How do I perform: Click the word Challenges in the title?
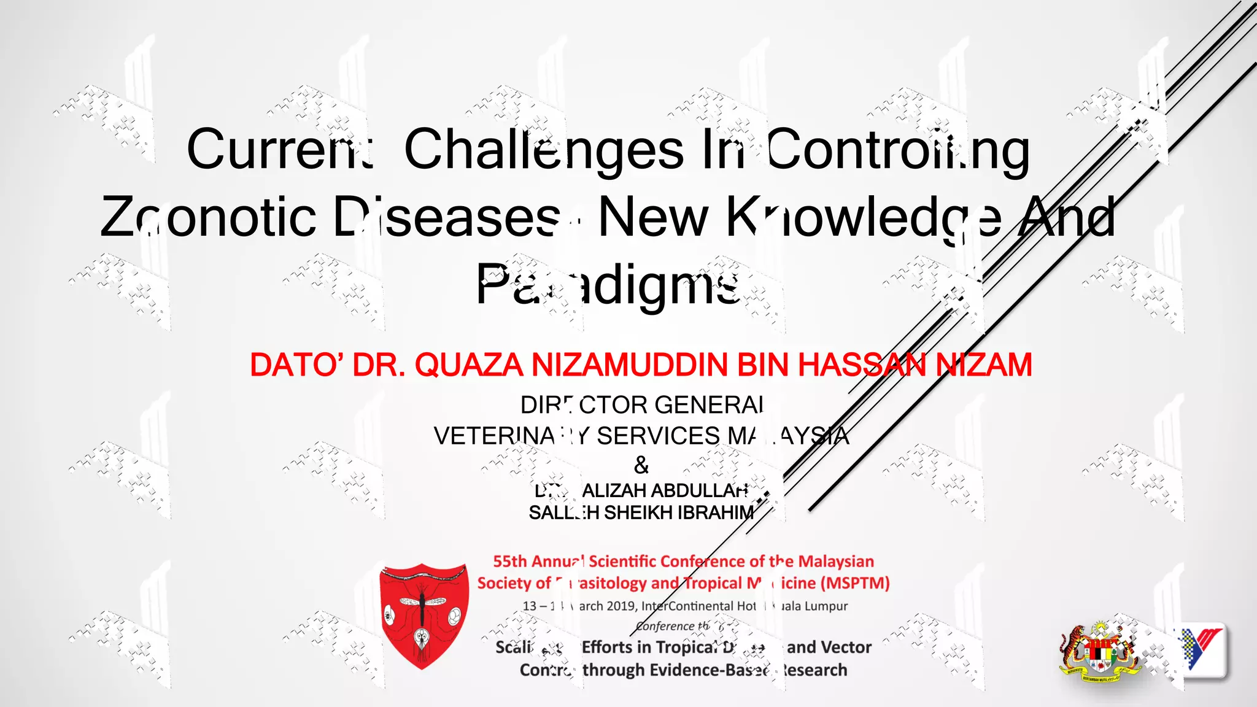(544, 150)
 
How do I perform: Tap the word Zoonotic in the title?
(208, 217)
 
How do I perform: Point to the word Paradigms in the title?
(608, 284)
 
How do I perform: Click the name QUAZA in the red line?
(471, 365)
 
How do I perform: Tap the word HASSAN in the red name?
(862, 365)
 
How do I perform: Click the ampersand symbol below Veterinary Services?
(641, 465)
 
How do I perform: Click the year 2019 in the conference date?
(621, 606)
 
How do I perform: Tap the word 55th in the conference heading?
(510, 562)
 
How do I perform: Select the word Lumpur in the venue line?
(826, 606)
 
